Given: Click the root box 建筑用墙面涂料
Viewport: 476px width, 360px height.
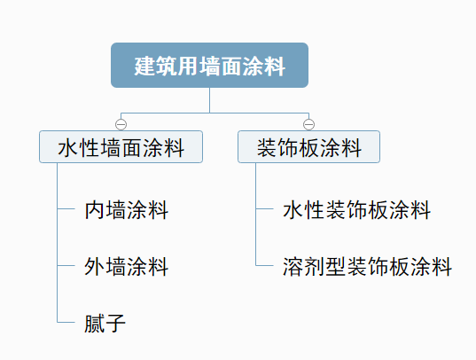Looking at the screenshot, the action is pyautogui.click(x=209, y=66).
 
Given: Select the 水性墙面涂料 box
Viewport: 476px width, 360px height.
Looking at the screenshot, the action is pyautogui.click(x=121, y=146).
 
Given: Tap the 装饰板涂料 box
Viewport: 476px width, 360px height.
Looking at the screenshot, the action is pyautogui.click(x=308, y=146).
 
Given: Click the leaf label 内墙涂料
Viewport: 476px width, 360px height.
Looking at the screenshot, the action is pyautogui.click(x=126, y=210).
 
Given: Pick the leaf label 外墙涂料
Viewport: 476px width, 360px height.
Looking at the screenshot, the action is pyautogui.click(x=126, y=267).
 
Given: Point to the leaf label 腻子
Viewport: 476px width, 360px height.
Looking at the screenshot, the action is pyautogui.click(x=105, y=324).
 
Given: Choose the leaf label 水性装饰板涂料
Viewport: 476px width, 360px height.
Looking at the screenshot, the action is pyautogui.click(x=356, y=210).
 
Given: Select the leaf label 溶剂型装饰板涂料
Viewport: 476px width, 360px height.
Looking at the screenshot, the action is pyautogui.click(x=367, y=267).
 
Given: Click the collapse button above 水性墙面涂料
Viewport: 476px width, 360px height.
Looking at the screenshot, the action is pyautogui.click(x=121, y=124).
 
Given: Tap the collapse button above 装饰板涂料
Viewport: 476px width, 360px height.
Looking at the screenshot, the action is pyautogui.click(x=308, y=124).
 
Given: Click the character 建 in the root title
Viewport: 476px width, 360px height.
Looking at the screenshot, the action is pyautogui.click(x=144, y=66).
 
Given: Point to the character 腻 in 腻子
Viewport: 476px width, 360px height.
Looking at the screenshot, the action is pyautogui.click(x=95, y=324).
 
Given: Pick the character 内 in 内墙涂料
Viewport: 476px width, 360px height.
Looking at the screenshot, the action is pyautogui.click(x=95, y=210).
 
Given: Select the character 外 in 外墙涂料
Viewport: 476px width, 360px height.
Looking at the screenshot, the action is pyautogui.click(x=95, y=267).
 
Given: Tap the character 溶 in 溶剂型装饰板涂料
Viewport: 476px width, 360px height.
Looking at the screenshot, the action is pyautogui.click(x=293, y=267).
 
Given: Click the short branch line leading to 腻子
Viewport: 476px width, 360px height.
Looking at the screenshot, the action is pyautogui.click(x=66, y=322).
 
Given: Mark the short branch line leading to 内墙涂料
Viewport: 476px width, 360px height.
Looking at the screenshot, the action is pyautogui.click(x=66, y=208).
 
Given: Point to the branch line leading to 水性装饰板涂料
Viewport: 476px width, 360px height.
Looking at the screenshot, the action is pyautogui.click(x=264, y=208).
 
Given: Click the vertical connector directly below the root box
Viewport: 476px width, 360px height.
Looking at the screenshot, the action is pyautogui.click(x=209, y=100).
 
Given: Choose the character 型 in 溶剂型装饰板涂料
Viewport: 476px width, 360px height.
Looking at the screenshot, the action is pyautogui.click(x=336, y=267).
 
